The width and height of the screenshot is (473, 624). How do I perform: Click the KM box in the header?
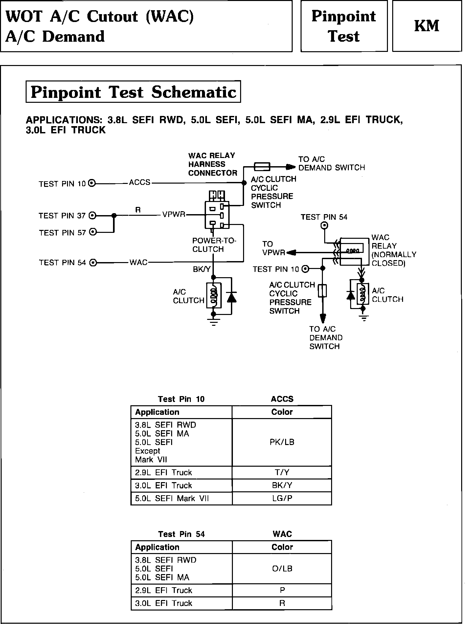(427, 26)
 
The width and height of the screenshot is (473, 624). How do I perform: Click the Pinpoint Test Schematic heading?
(133, 92)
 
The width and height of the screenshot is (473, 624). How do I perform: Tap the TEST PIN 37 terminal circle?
(93, 216)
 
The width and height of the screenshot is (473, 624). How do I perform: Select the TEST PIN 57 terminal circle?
(93, 232)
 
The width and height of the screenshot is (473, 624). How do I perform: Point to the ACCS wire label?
(140, 182)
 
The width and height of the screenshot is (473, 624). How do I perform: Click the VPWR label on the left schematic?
(174, 215)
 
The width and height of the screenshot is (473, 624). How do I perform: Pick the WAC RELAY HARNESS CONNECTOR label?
(212, 164)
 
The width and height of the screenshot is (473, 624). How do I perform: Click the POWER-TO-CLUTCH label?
(214, 245)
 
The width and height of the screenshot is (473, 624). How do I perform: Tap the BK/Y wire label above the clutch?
(201, 270)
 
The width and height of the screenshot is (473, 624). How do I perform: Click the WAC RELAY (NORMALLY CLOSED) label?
(394, 250)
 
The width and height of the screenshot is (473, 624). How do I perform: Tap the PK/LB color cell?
(282, 442)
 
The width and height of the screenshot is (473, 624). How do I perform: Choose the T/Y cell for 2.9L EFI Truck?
(282, 472)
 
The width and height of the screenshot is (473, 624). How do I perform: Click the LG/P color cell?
(282, 498)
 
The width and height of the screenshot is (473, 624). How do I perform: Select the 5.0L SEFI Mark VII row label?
(172, 498)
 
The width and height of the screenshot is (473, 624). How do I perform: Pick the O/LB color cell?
(282, 568)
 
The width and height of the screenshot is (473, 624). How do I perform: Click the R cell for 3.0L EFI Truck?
(282, 603)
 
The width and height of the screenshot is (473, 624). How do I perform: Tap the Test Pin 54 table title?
(181, 534)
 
